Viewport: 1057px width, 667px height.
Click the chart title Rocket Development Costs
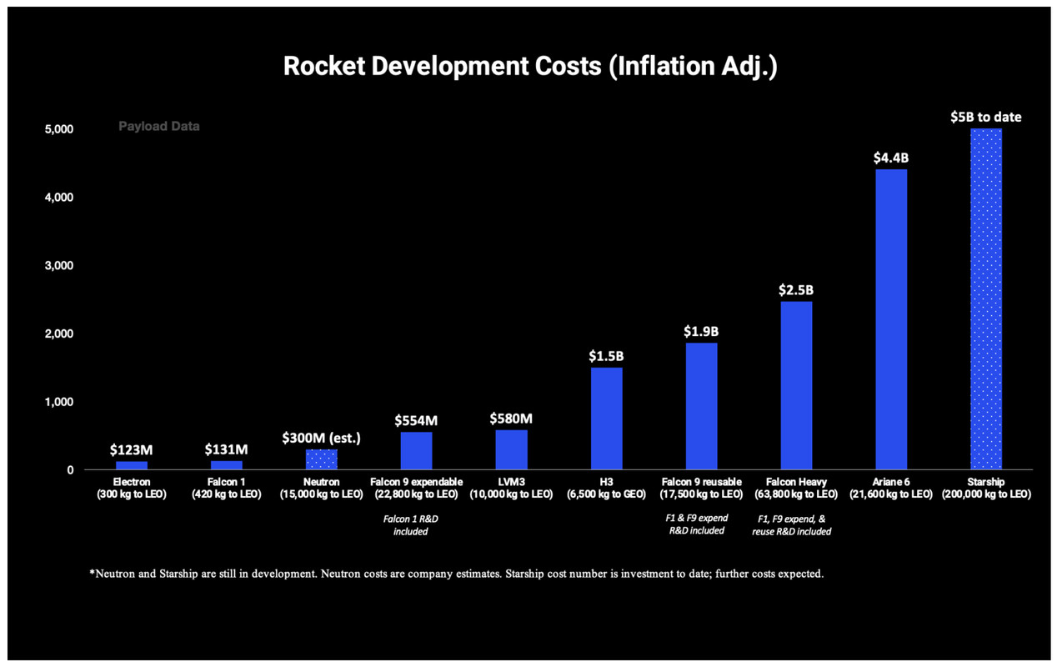530,67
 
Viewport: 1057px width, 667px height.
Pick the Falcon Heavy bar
796,385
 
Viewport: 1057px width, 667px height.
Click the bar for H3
606,419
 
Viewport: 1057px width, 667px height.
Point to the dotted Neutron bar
321,459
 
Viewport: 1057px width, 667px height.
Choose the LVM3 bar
511,449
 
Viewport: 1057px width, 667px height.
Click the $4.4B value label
890,156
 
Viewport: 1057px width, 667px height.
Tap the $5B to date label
986,117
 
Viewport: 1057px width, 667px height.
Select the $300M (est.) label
321,437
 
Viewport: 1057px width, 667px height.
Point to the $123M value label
132,449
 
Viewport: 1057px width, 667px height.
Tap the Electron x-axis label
132,488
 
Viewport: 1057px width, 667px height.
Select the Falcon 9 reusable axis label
701,488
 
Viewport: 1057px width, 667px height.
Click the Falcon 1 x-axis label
226,488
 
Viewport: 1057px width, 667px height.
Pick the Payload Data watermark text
158,127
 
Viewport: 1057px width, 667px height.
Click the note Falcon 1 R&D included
411,524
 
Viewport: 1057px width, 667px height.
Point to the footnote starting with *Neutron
456,574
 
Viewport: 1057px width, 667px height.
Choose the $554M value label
416,420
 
